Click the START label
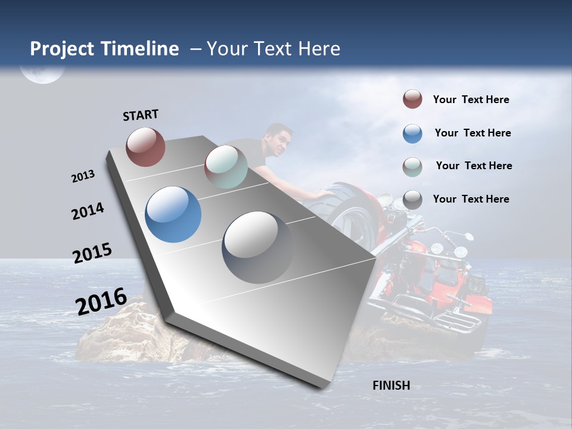(141, 115)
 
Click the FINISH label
(391, 386)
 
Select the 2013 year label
(83, 176)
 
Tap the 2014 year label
(88, 211)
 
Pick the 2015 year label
(92, 253)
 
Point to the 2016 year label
(101, 301)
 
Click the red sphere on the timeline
(145, 147)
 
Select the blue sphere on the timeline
(173, 214)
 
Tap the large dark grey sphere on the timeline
(257, 247)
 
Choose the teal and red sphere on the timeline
(226, 166)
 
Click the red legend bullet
(412, 100)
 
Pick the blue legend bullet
(412, 133)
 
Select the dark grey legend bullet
(412, 199)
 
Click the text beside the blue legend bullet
(472, 133)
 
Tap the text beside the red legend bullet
(471, 100)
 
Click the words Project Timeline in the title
(104, 49)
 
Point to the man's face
(280, 142)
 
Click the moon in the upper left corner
(41, 73)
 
